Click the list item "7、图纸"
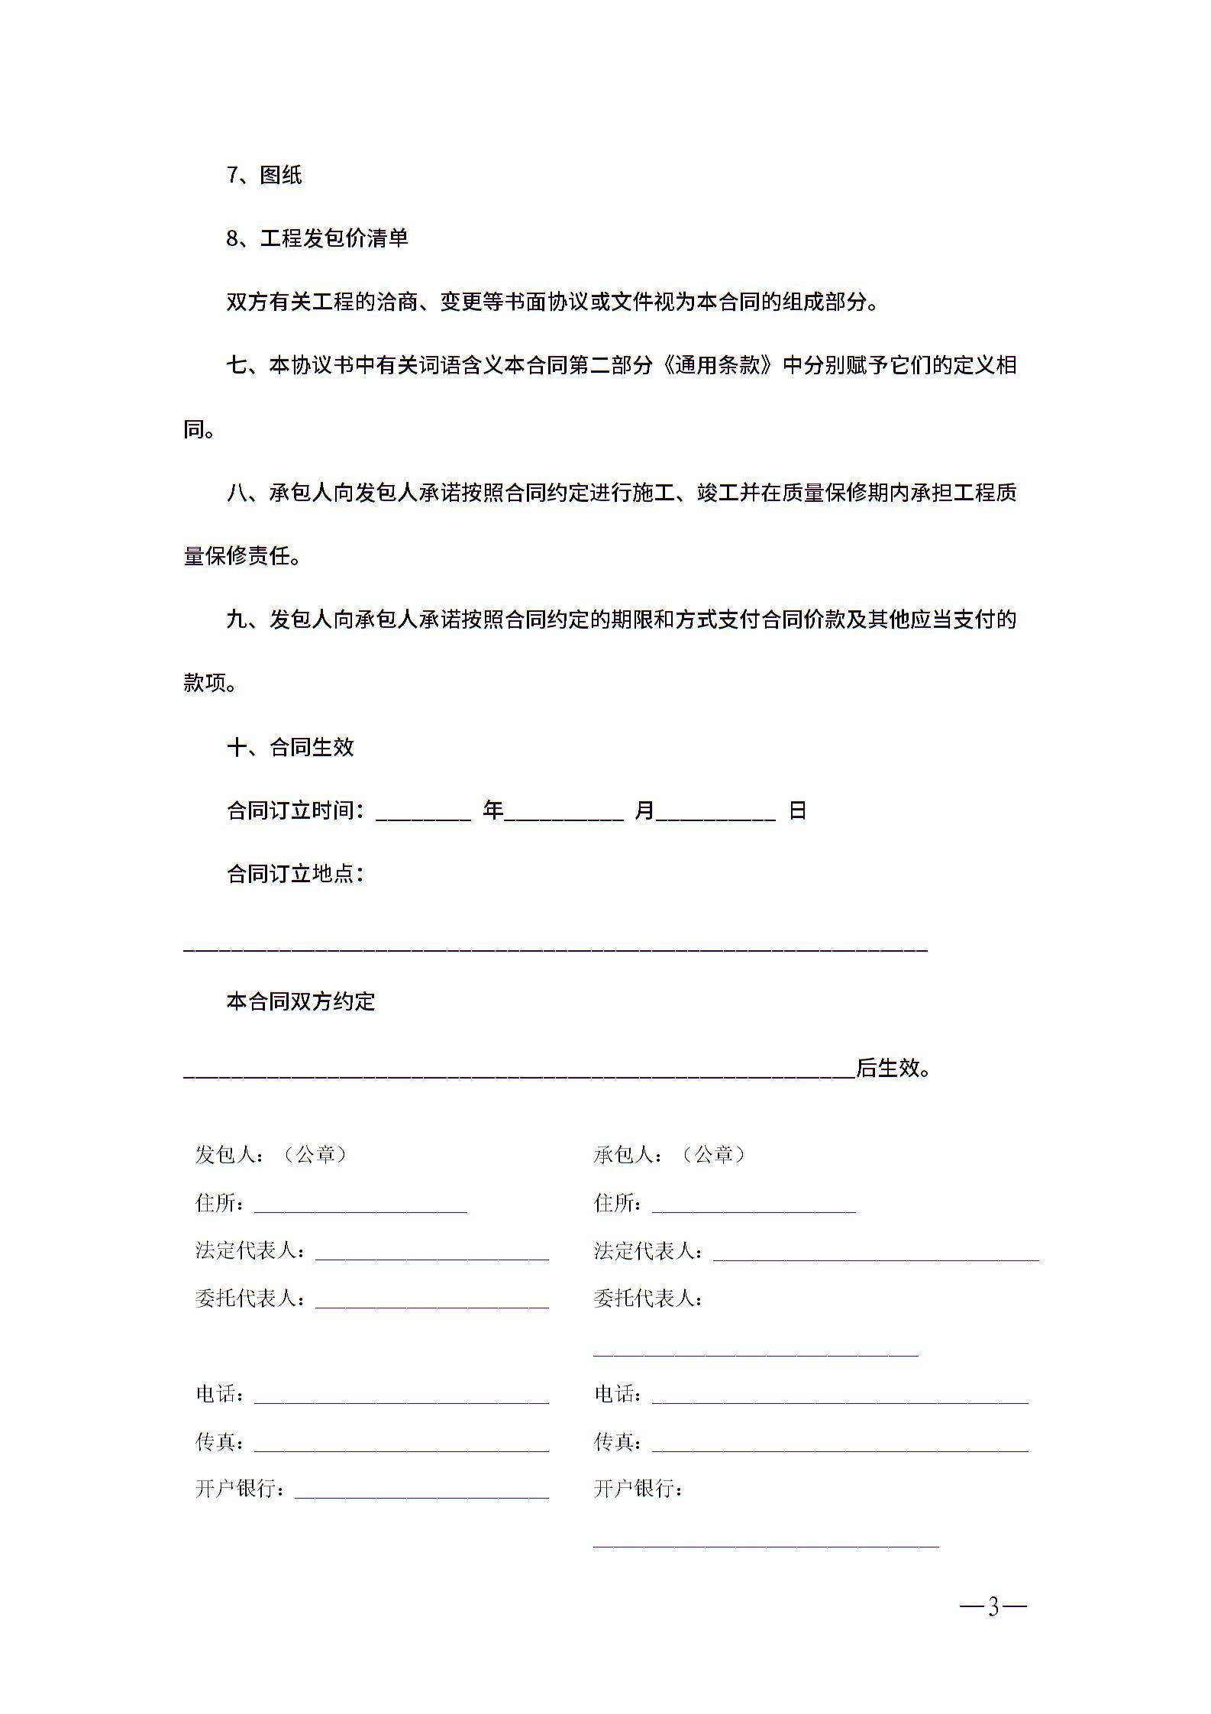tap(264, 175)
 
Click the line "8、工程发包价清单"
tap(317, 238)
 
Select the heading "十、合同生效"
tap(290, 746)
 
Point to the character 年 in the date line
tap(493, 810)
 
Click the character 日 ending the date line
tap(797, 810)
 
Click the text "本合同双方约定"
tap(301, 1001)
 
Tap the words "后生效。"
tap(893, 1067)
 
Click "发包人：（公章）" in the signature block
tap(272, 1154)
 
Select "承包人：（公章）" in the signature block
tap(670, 1154)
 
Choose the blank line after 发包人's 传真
tap(402, 1444)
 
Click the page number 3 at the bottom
tap(993, 1608)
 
